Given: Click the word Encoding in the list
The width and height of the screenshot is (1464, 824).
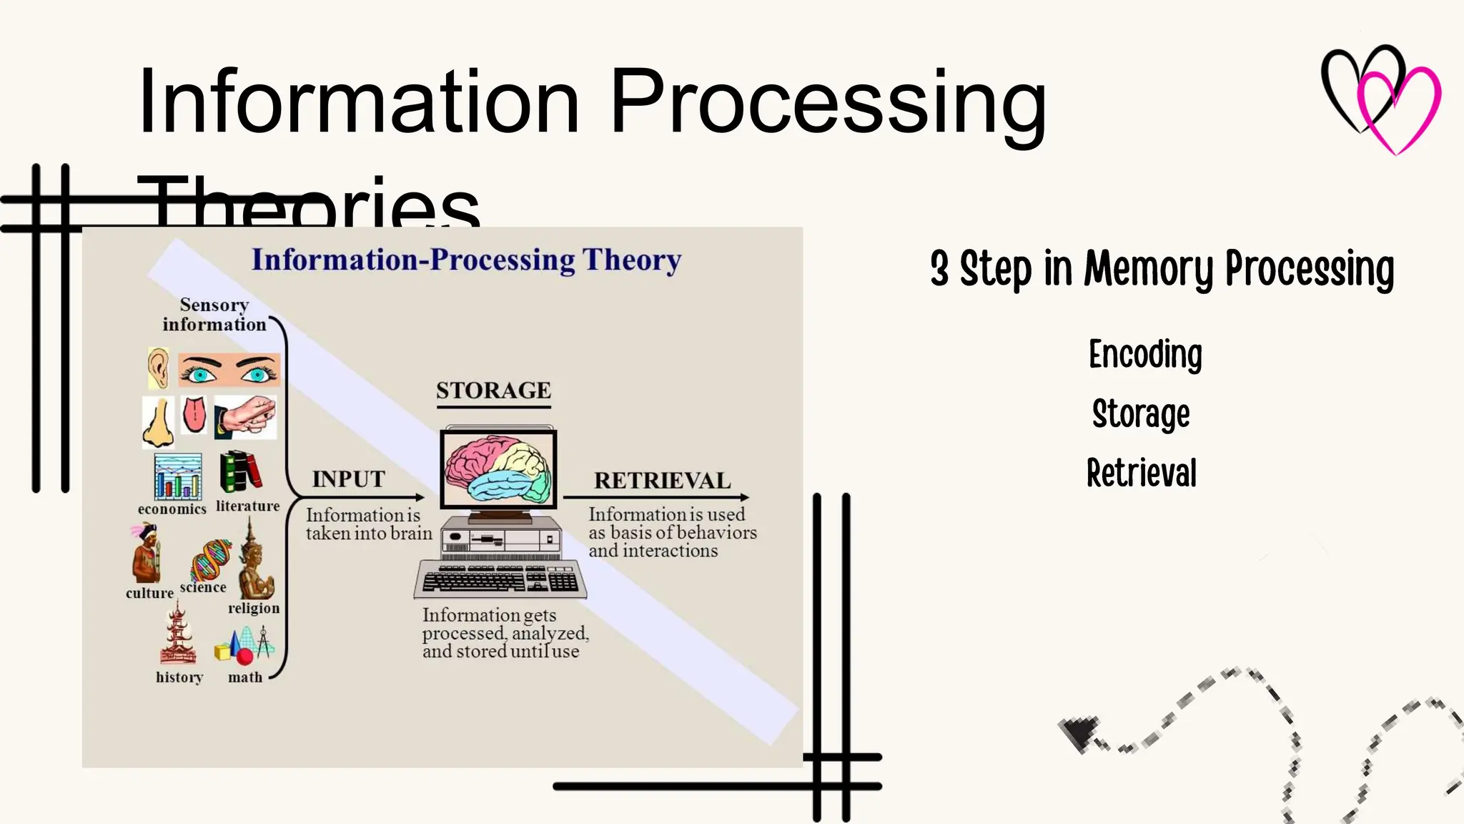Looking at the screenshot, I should [1144, 355].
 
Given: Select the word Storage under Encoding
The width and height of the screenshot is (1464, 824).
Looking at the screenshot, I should [1141, 414].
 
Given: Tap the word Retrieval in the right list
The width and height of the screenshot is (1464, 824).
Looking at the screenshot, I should [1141, 474].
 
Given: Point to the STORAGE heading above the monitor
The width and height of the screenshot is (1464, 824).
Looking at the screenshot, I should [493, 391].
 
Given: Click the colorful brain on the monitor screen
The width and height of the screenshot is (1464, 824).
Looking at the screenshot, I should [498, 469].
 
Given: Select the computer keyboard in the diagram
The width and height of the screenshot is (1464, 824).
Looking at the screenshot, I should [500, 579].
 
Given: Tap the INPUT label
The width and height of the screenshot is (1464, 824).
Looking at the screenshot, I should [348, 479].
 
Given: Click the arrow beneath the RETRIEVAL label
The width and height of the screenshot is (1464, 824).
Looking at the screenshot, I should [656, 497].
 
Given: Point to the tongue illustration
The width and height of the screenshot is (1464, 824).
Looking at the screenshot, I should [194, 415].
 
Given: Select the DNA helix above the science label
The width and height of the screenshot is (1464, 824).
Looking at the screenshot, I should [211, 559].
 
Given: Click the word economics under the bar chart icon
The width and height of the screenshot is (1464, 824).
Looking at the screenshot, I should [172, 509].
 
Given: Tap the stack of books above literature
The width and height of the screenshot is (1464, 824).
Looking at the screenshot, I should [240, 471].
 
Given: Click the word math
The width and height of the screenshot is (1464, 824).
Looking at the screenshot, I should [245, 677].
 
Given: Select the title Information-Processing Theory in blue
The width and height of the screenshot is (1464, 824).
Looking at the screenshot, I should [466, 260].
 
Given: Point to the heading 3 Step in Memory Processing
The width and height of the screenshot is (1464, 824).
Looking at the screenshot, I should [1162, 269].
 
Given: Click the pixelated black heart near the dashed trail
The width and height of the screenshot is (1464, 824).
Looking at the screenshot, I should [1079, 732].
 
